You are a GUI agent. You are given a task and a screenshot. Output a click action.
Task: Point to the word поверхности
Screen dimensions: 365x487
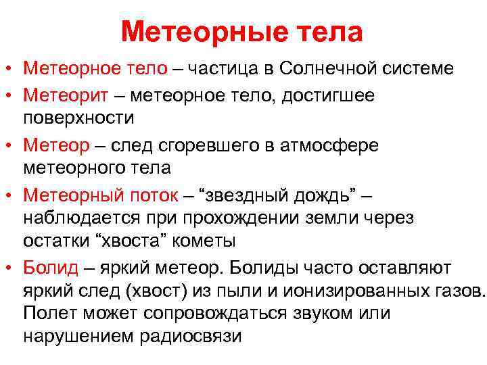(x=79, y=118)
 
